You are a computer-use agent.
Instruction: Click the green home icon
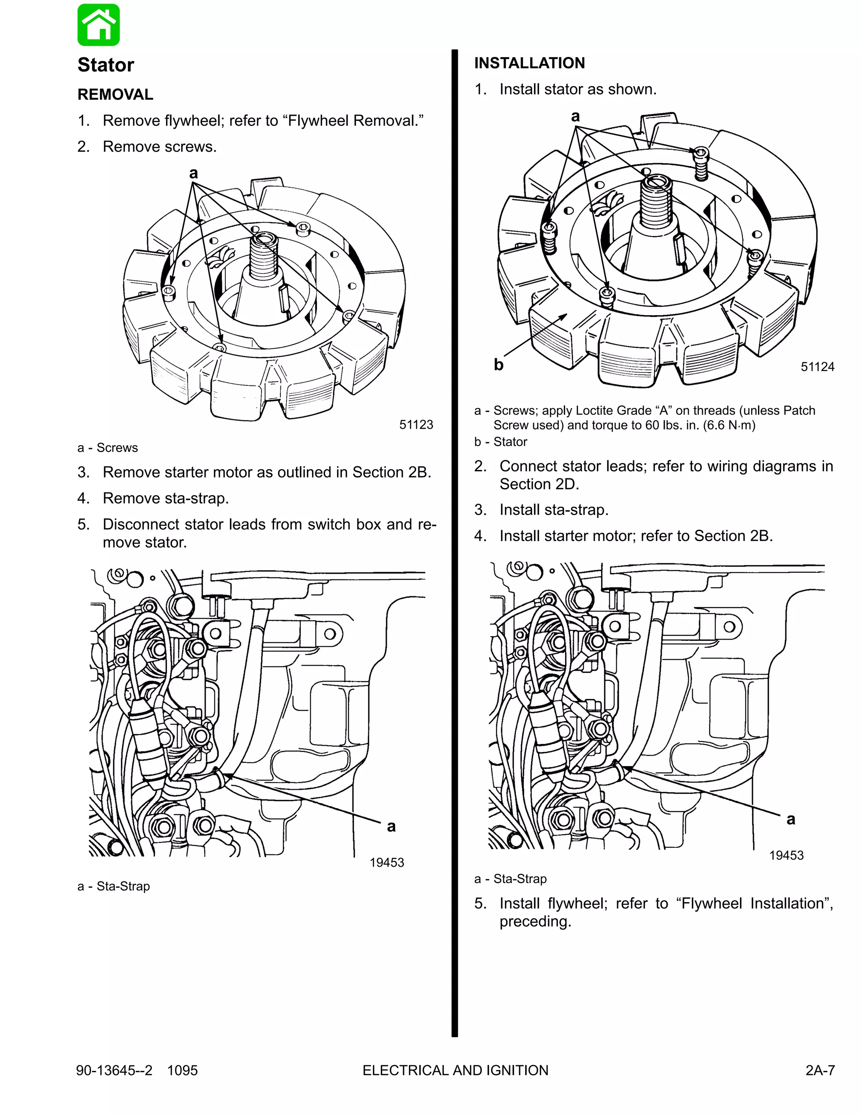98,25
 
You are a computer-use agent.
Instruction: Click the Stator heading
106,65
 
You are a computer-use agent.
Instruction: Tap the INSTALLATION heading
529,63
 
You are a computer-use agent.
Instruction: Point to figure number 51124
817,366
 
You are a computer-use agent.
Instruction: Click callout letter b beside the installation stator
498,364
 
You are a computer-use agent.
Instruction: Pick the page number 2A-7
820,1070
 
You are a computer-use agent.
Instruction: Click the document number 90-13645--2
114,1070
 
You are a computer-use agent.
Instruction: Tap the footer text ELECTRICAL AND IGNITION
455,1070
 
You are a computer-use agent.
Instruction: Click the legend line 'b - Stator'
500,442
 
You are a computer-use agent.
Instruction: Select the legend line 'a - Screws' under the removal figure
108,448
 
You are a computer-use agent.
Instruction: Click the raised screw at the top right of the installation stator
701,153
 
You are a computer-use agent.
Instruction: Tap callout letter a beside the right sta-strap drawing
791,819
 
